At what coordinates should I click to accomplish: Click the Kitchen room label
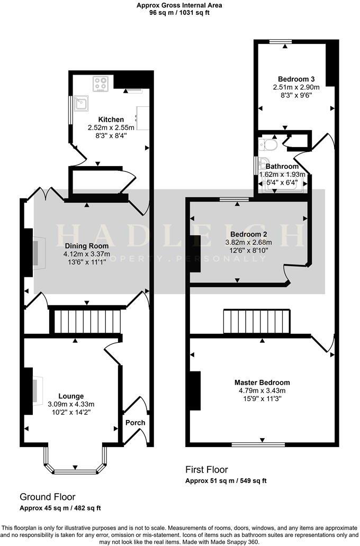click(111, 120)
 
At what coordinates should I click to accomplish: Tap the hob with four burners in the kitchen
click(101, 84)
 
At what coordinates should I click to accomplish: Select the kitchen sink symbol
click(82, 103)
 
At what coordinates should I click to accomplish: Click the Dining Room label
click(87, 245)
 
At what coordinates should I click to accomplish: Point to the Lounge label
click(71, 396)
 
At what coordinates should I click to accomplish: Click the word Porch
click(135, 423)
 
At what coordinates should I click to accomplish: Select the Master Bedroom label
click(262, 383)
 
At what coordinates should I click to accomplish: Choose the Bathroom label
click(282, 167)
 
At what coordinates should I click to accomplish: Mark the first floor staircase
click(257, 322)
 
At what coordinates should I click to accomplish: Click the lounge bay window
click(75, 469)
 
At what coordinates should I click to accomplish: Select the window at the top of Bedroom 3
click(281, 41)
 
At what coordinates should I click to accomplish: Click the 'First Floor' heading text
click(206, 469)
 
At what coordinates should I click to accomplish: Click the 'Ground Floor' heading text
click(47, 497)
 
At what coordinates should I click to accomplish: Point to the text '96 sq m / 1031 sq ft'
click(179, 13)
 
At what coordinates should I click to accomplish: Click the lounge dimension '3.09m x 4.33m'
click(71, 404)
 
